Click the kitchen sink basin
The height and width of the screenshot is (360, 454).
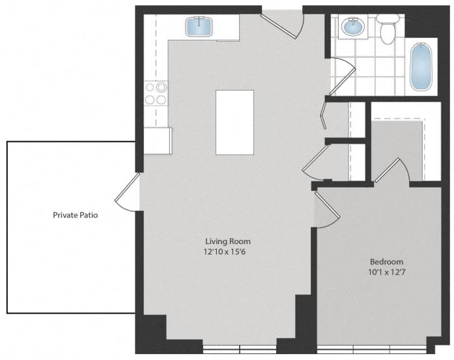[x=199, y=27]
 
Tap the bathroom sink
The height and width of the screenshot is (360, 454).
[x=353, y=27]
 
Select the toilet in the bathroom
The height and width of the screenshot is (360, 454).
[x=388, y=29]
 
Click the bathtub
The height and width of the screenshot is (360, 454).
[x=421, y=66]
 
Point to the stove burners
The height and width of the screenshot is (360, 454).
[x=156, y=93]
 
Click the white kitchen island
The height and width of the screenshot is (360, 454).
[x=235, y=122]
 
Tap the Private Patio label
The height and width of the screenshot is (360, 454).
[x=76, y=215]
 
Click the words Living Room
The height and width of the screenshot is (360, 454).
[x=228, y=241]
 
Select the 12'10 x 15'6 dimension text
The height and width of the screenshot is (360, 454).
[x=225, y=252]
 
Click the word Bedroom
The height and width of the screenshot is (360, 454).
[x=386, y=262]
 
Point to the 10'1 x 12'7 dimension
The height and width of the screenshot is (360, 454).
[x=386, y=272]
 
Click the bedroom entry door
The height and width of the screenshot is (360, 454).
[x=327, y=210]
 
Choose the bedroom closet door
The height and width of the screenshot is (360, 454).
[x=392, y=170]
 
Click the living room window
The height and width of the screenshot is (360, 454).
[x=240, y=350]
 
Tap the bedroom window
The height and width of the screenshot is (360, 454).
[x=372, y=350]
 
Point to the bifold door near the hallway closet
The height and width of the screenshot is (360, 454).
[x=324, y=116]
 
